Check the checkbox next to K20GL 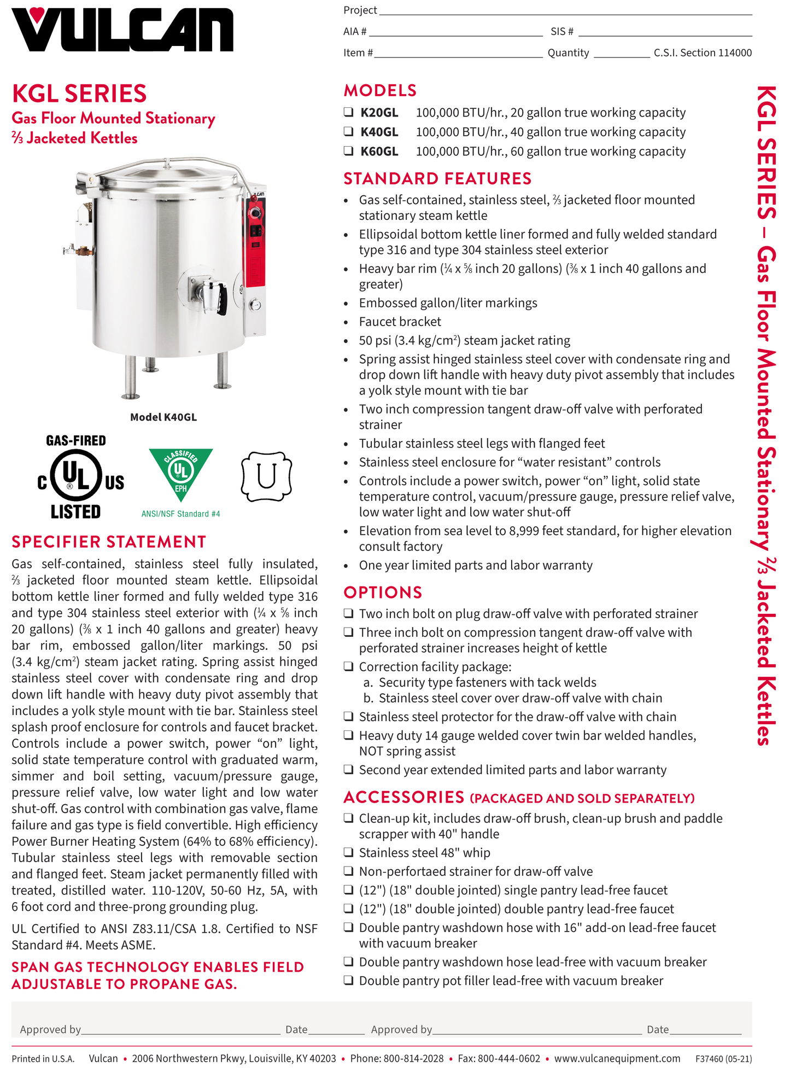coord(348,112)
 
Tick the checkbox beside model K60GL coord(348,151)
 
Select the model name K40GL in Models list coord(379,132)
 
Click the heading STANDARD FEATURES coord(437,179)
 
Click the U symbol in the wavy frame coord(266,477)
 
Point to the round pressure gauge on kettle coord(255,305)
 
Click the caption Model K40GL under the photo coord(163,417)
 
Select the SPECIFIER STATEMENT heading coord(109,542)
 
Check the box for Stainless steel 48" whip coord(348,852)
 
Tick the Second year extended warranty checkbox coord(348,770)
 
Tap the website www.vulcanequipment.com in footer coord(617,1059)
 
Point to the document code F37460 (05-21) coord(723,1059)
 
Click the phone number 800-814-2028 coord(413,1059)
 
